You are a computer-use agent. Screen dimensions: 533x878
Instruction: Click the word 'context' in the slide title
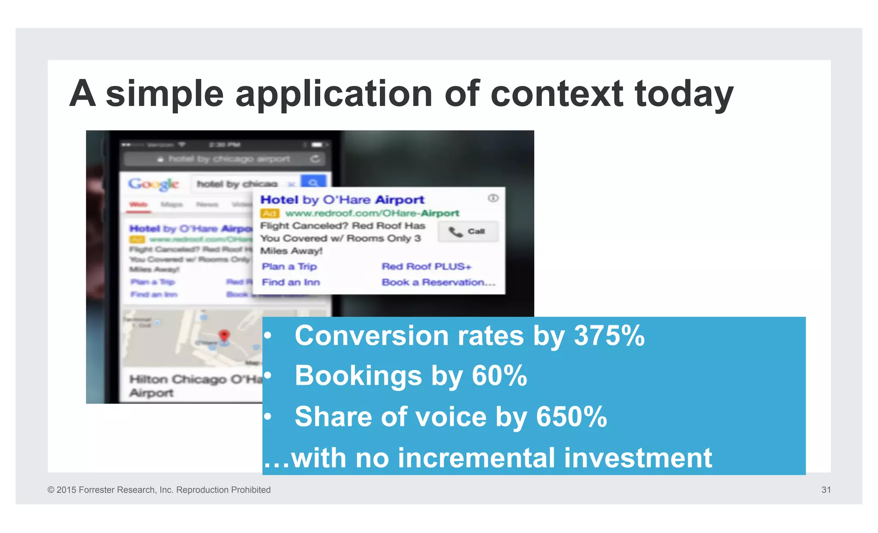[556, 93]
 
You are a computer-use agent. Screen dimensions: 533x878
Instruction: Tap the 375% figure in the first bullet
[609, 335]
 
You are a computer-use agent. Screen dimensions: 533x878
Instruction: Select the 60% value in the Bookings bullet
[499, 376]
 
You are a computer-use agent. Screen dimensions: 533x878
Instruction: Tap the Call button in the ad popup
[468, 232]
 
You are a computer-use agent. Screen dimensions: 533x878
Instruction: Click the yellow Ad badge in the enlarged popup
[270, 213]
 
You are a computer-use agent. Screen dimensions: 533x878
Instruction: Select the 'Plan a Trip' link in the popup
[289, 266]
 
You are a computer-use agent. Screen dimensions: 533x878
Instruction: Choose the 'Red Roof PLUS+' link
[426, 266]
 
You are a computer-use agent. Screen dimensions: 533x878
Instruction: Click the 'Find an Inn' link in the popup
[291, 282]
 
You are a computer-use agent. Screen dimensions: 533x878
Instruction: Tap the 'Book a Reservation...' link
[438, 282]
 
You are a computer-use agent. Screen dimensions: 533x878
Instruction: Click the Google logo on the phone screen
[153, 184]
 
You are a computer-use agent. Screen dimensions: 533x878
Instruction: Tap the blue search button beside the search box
[313, 182]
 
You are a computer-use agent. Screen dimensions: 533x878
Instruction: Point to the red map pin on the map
[224, 336]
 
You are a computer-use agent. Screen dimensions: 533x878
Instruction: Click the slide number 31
[826, 490]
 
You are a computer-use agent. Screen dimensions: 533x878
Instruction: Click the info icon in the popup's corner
[493, 198]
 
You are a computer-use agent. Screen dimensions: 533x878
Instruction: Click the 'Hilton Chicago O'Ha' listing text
[195, 379]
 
